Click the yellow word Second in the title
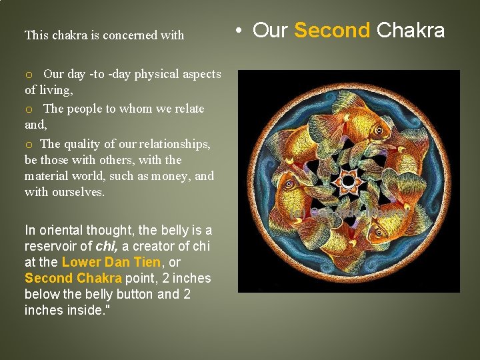click(x=331, y=30)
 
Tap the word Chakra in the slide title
click(x=411, y=30)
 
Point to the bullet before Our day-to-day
click(x=29, y=75)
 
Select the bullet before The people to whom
click(x=29, y=109)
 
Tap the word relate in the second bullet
click(x=189, y=109)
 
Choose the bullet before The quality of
click(x=29, y=144)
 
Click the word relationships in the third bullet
click(x=175, y=144)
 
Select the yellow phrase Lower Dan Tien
click(x=111, y=263)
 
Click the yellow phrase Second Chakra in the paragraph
click(x=73, y=279)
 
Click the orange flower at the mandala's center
click(x=348, y=181)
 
